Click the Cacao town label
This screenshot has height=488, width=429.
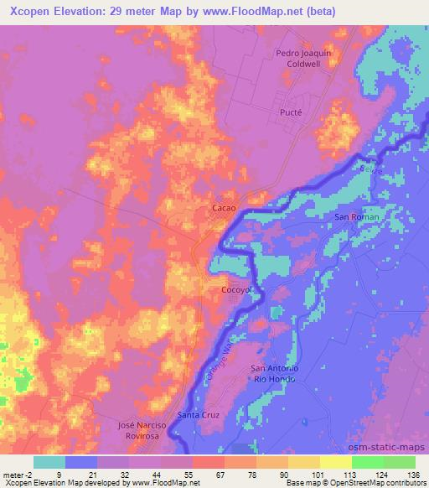point(223,206)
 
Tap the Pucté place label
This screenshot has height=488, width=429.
point(290,111)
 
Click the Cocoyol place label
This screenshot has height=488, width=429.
point(235,290)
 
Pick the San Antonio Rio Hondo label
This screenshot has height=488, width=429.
point(275,373)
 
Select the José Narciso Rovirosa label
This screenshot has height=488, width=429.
point(143,431)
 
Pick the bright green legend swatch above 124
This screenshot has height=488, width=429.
point(365,462)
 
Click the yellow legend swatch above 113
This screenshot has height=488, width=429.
point(336,462)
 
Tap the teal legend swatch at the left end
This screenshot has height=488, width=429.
point(49,462)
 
